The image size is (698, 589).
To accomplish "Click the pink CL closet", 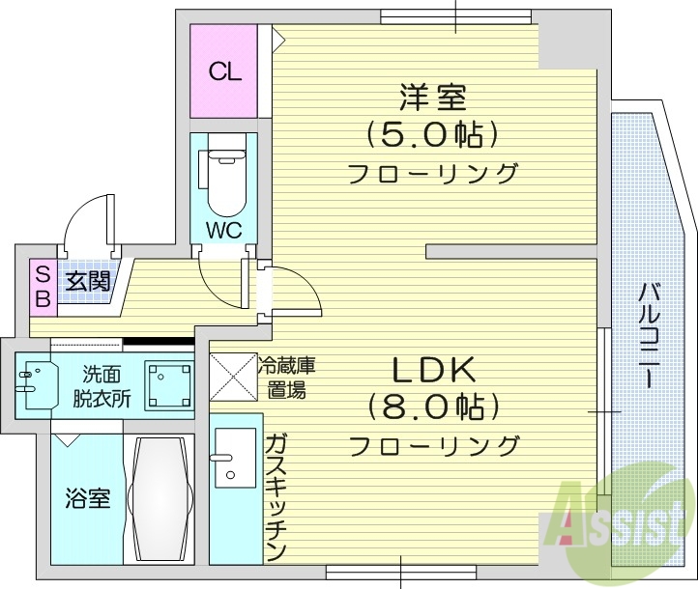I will tap(224, 71).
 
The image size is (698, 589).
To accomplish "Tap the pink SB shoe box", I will tap(43, 286).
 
